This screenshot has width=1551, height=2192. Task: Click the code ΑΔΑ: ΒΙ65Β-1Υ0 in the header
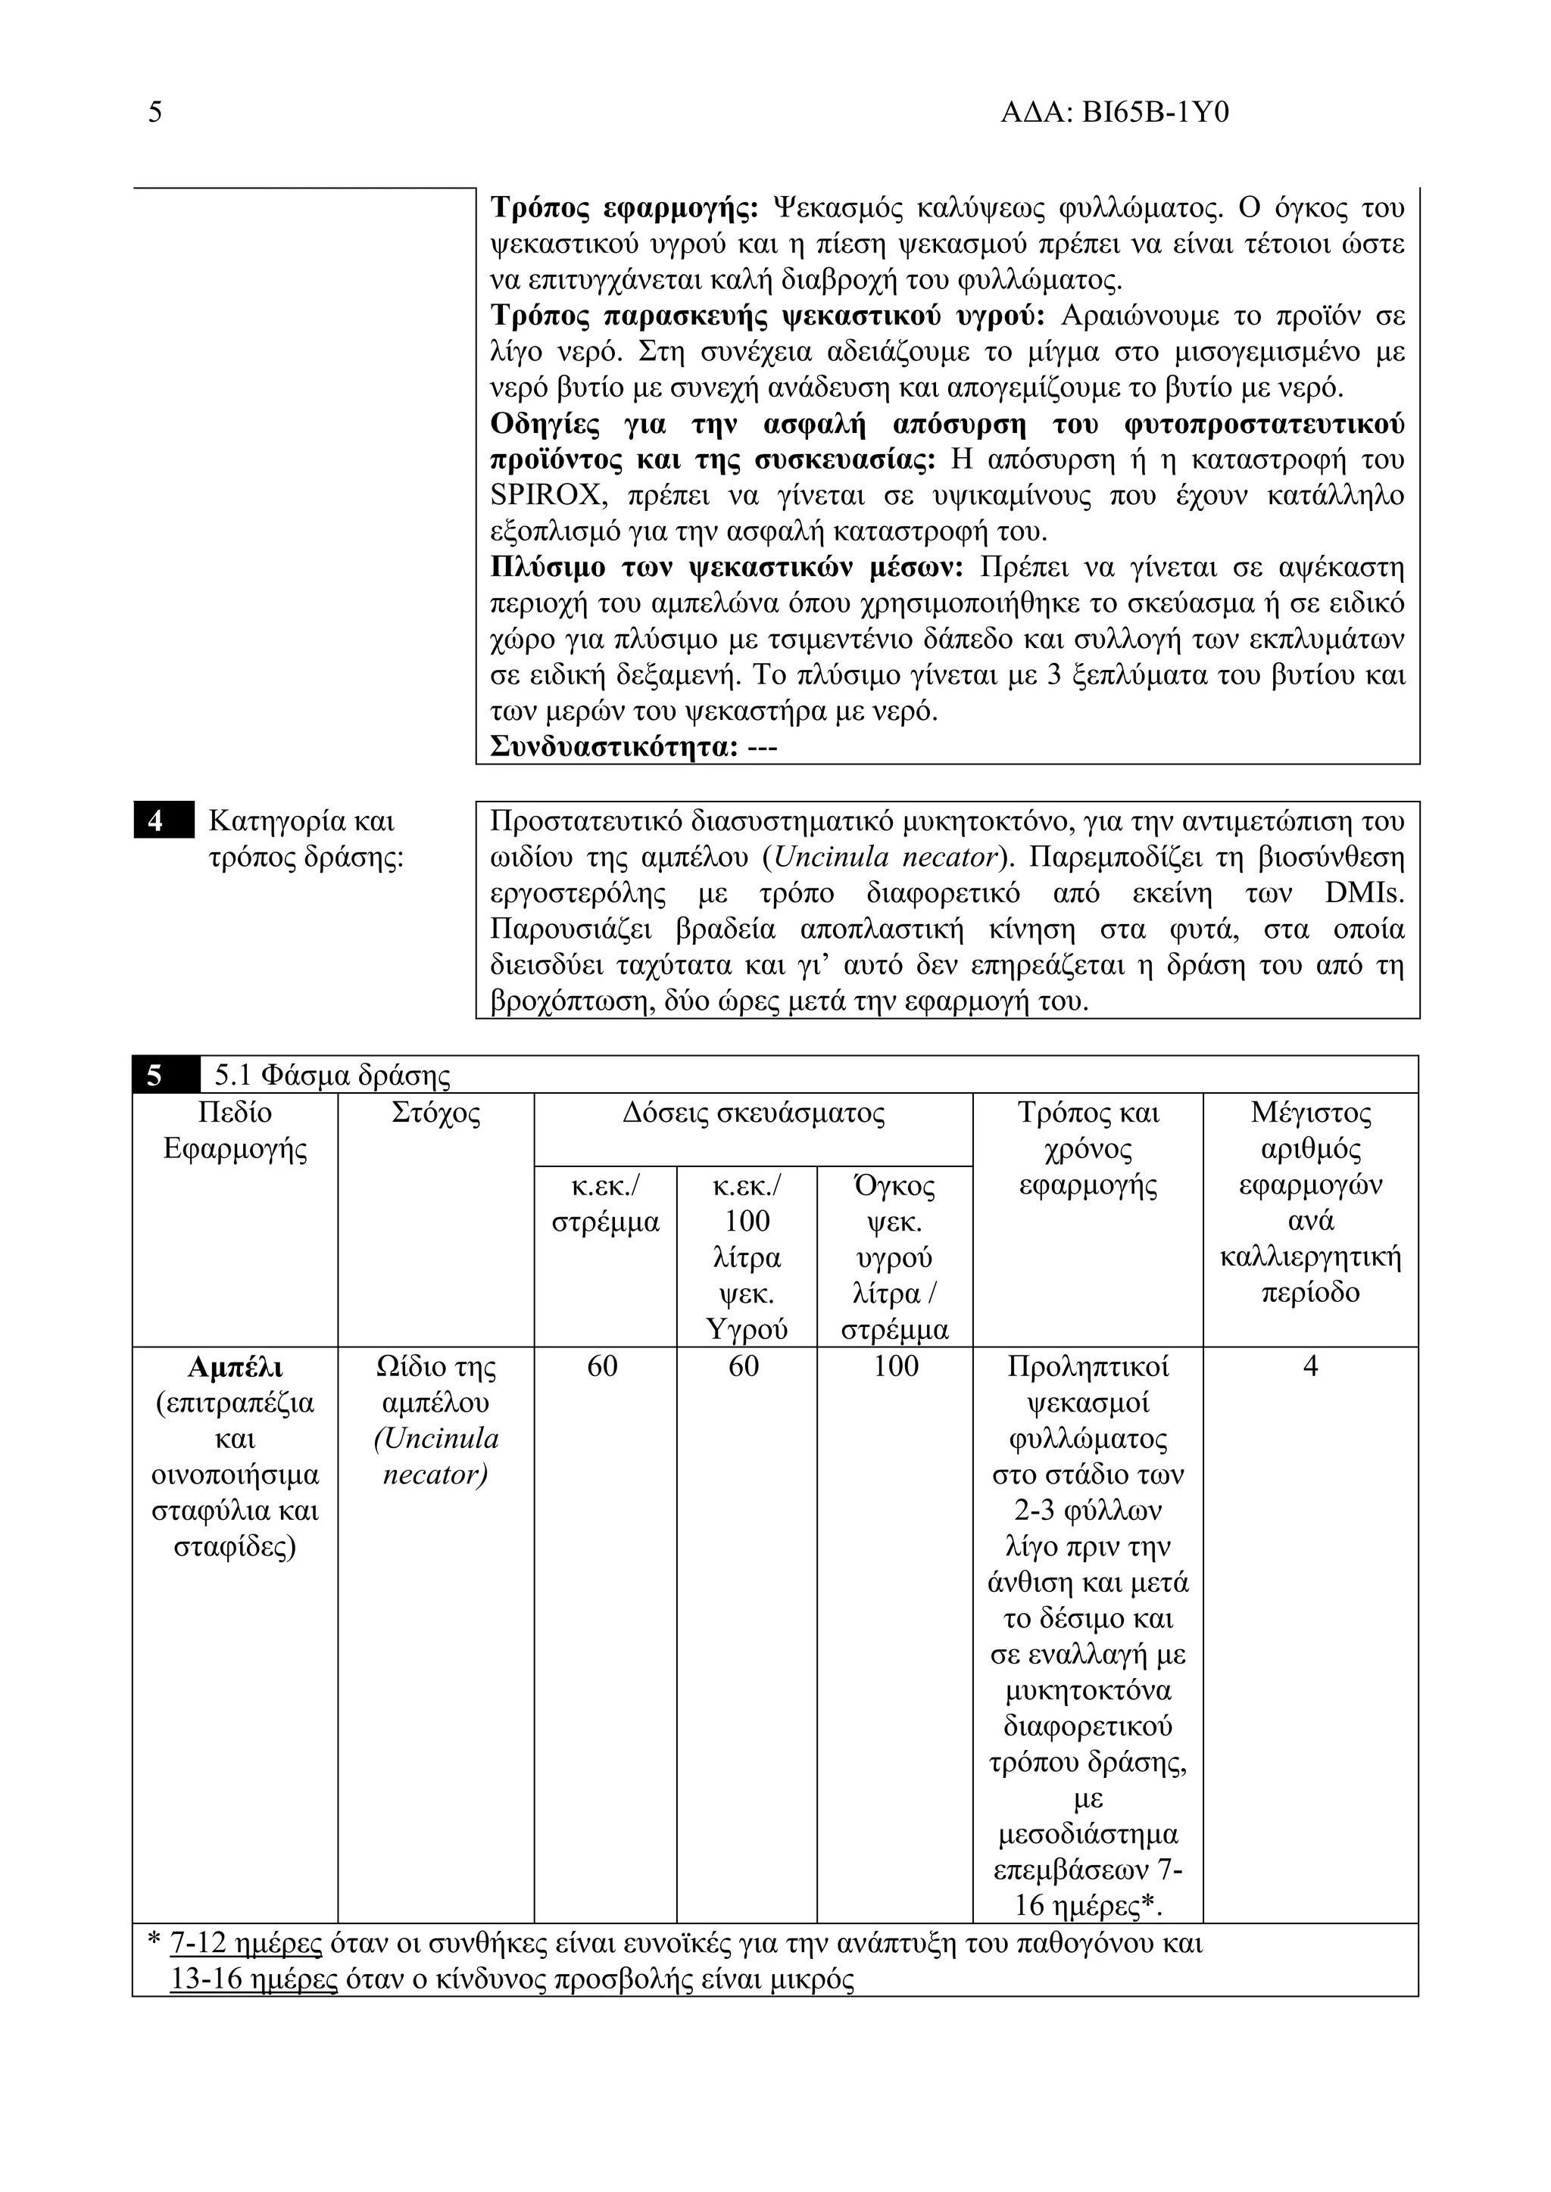point(1113,113)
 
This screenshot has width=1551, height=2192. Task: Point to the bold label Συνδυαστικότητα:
point(614,746)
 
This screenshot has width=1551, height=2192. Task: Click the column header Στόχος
point(435,1113)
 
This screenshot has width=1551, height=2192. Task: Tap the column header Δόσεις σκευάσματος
point(753,1113)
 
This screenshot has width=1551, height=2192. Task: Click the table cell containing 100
point(895,1367)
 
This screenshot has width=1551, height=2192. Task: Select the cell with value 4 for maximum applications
point(1310,1367)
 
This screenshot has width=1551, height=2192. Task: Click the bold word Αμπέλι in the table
point(235,1367)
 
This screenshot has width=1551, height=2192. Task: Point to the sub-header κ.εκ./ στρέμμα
point(606,1204)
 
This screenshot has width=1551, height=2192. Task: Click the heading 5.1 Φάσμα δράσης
point(332,1076)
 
